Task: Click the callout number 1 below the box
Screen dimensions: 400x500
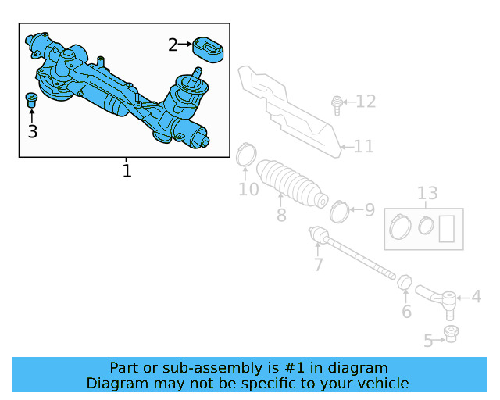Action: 127,170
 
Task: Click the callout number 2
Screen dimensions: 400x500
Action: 173,45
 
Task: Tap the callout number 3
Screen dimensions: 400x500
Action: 32,131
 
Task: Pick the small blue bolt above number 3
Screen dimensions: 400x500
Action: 32,99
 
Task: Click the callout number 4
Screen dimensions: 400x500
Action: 476,298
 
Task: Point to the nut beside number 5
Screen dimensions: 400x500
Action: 451,335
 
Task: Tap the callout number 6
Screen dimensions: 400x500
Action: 406,312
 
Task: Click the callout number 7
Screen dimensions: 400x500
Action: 318,264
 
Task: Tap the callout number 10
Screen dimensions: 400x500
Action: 248,189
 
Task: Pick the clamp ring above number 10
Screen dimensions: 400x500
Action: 245,155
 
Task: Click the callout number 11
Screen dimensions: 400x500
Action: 363,146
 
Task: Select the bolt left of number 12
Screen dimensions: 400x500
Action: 336,104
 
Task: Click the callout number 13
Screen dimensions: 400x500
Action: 427,194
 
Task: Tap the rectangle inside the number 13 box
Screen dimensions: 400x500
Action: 448,229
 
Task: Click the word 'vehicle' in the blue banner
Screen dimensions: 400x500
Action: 380,383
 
